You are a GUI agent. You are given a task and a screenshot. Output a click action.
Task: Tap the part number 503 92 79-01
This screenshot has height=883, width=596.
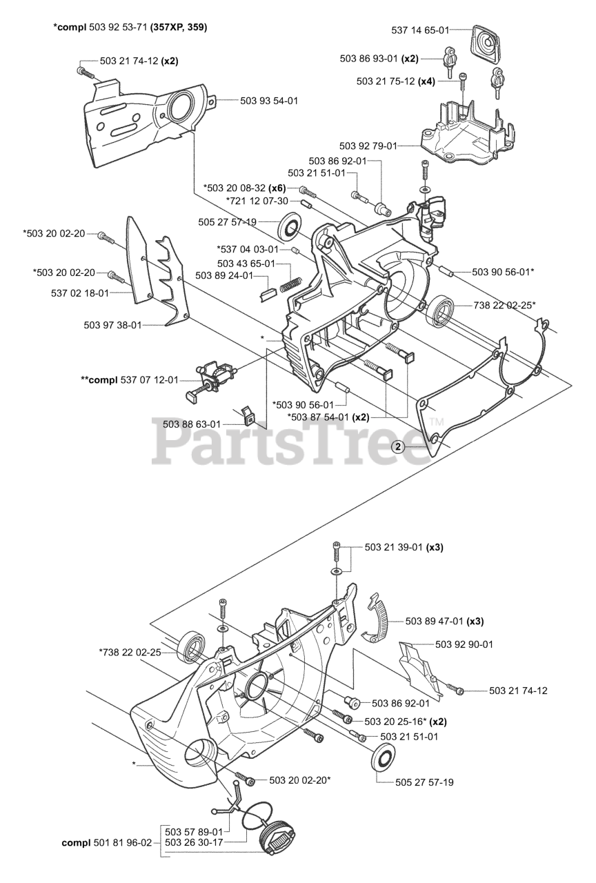(x=368, y=146)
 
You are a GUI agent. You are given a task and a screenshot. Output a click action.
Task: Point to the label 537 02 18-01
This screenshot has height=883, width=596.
(x=80, y=293)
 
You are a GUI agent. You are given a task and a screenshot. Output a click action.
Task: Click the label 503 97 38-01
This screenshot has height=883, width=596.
(x=112, y=324)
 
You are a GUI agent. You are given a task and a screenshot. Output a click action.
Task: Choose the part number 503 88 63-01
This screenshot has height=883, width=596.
(x=192, y=424)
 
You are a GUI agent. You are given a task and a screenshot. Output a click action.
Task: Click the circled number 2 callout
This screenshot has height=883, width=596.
(x=398, y=446)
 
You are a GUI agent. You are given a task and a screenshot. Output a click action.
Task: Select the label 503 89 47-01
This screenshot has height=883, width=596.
(x=434, y=621)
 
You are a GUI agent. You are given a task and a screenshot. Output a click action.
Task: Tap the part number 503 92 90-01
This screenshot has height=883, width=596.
(x=464, y=644)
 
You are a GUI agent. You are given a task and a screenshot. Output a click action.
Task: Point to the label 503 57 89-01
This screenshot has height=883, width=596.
(x=194, y=832)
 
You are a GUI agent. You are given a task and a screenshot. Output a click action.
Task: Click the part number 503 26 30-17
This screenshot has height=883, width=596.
(x=194, y=842)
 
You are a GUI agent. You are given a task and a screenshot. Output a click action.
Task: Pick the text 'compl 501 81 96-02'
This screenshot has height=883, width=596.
(x=106, y=842)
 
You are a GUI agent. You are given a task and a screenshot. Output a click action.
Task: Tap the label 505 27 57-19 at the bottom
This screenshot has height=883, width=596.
(x=425, y=782)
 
